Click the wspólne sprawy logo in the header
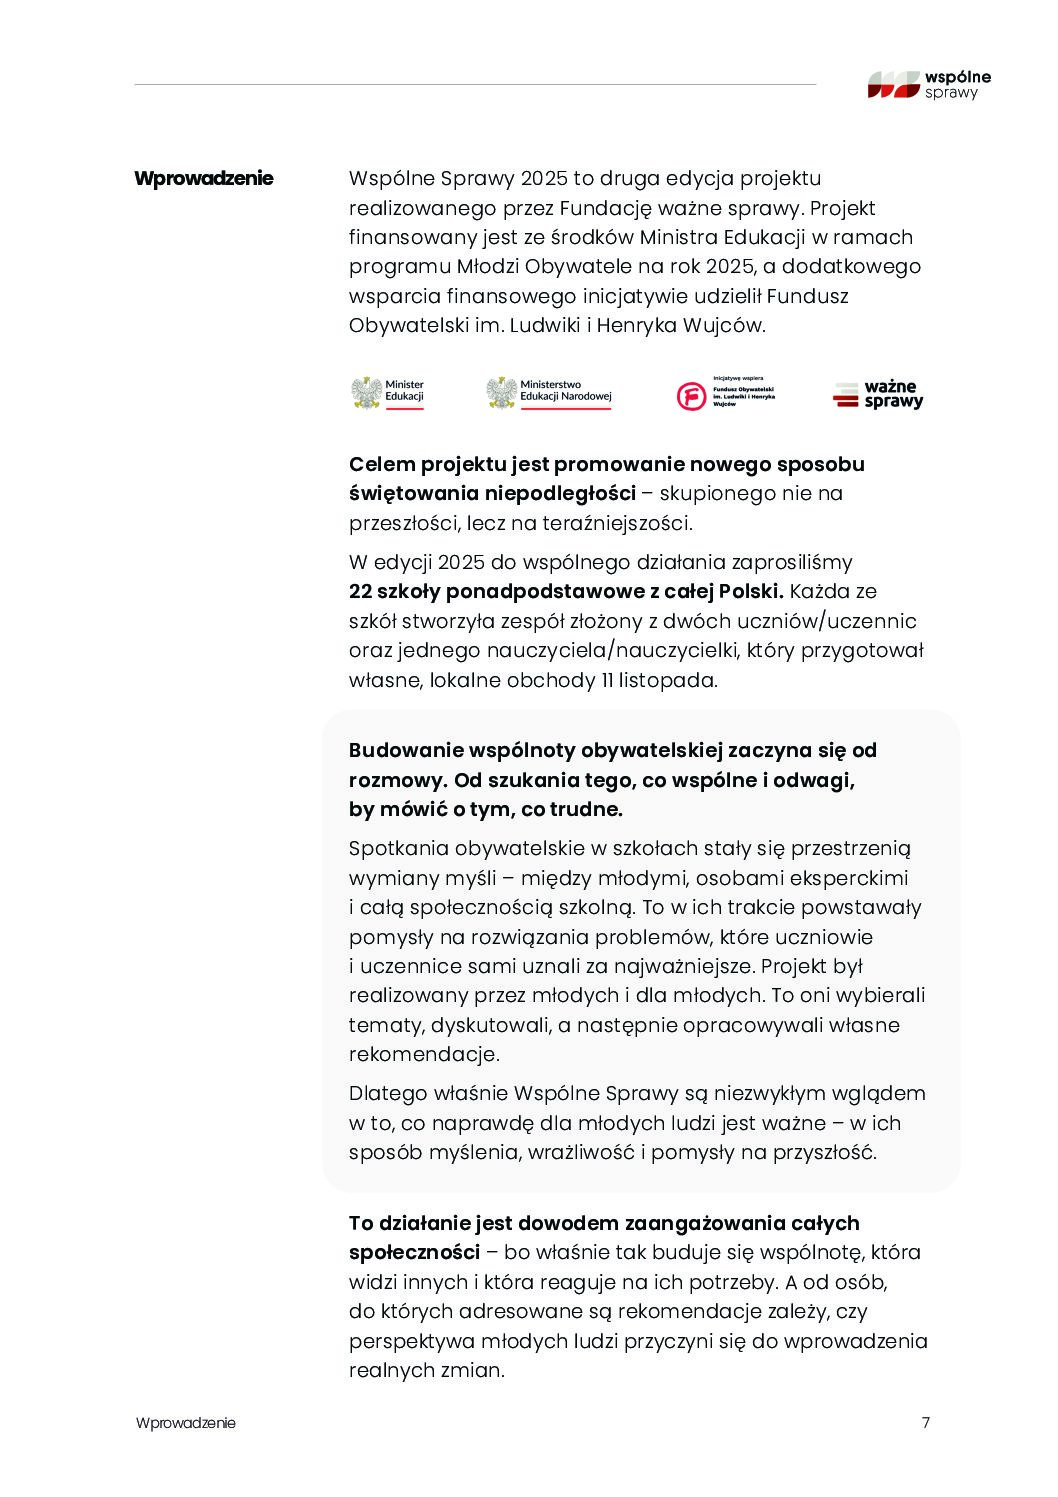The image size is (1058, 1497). point(929,84)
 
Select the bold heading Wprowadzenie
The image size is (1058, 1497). point(204,179)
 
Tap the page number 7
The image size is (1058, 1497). point(925,1423)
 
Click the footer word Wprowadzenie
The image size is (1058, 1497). point(186,1423)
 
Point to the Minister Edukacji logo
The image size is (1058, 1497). point(388,392)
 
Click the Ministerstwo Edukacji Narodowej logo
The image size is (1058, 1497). point(549,392)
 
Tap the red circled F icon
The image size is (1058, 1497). point(691,396)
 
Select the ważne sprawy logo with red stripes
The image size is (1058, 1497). point(878,394)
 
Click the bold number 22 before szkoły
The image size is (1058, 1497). point(361,591)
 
